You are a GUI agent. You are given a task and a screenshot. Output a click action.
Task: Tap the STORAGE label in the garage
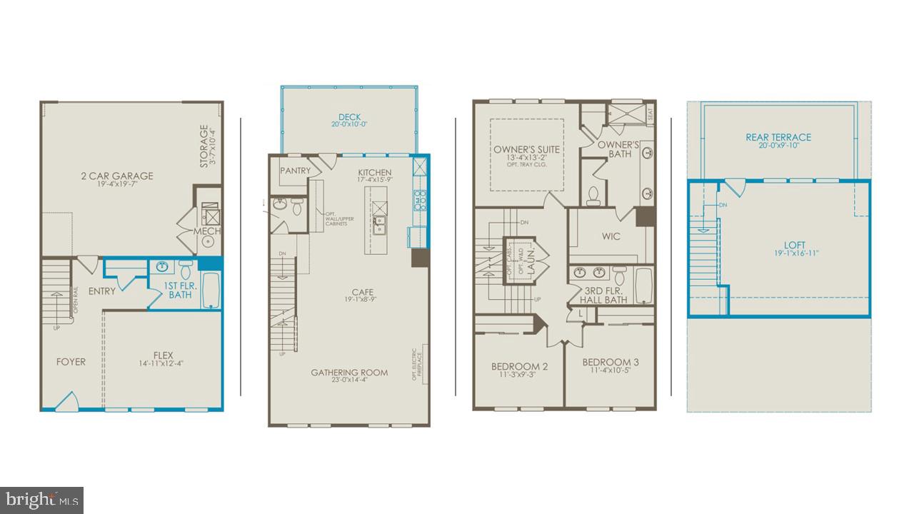(204, 146)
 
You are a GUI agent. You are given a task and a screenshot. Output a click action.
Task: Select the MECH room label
(207, 231)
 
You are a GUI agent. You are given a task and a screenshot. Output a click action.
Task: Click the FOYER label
(71, 361)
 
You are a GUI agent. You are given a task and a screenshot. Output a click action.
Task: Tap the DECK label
(349, 117)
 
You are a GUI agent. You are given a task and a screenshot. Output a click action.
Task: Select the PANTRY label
(294, 171)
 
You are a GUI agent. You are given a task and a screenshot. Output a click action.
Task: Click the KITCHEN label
(374, 172)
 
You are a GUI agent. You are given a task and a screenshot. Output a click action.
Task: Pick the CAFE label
(363, 292)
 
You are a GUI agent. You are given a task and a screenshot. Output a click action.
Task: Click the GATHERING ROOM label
(349, 372)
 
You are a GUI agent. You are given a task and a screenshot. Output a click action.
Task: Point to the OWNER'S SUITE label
(527, 149)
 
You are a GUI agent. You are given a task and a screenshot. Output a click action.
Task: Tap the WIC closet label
(611, 236)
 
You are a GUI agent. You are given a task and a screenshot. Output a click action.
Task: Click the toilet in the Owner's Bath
(593, 195)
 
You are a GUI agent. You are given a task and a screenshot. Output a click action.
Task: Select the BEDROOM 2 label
(519, 366)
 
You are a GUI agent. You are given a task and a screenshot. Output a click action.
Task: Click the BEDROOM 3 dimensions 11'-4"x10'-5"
(610, 371)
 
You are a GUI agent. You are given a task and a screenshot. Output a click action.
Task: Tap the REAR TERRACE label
(778, 137)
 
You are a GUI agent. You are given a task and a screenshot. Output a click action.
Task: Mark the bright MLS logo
(41, 499)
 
